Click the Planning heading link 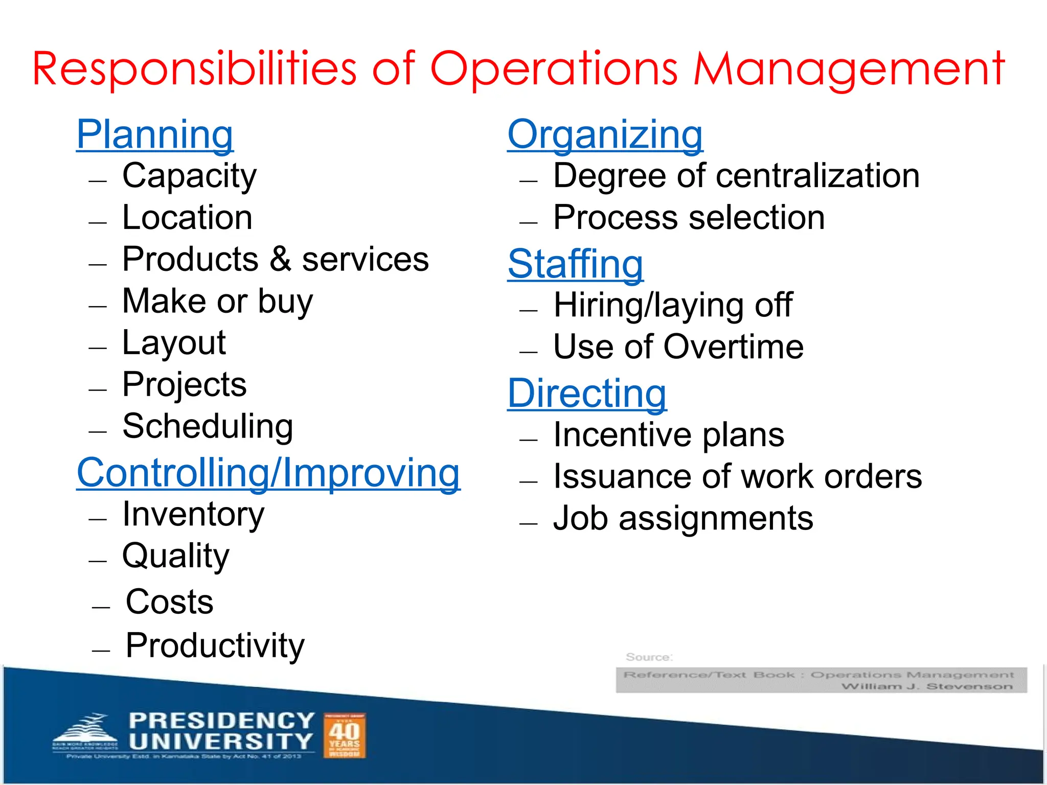155,134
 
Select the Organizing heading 605,134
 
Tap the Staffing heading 575,264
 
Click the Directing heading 587,394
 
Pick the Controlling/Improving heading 268,473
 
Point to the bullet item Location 187,218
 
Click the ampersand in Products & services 280,259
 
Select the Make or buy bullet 217,301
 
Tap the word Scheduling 208,426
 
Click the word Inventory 193,514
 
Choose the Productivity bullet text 215,645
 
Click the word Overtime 733,347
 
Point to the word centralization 817,176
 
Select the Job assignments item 683,519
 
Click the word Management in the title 849,69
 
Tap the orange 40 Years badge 345,735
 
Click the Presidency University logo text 221,731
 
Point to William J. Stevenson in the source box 926,686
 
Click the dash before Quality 98,561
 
